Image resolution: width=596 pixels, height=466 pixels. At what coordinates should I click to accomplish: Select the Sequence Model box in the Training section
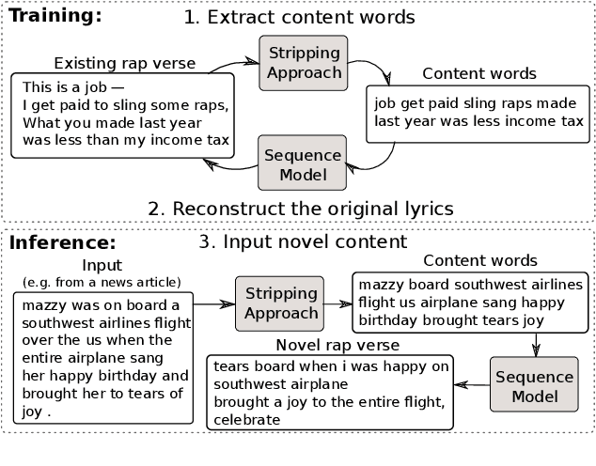[302, 162]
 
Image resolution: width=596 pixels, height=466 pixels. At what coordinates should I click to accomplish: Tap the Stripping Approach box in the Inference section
[278, 303]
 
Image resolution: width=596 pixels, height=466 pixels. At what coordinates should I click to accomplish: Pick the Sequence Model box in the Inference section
[535, 385]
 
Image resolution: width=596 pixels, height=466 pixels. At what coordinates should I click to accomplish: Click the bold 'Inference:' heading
[63, 243]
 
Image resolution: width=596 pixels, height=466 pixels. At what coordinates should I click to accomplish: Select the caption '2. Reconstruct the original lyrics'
[301, 207]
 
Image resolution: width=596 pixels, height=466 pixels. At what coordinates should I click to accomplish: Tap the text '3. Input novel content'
[303, 241]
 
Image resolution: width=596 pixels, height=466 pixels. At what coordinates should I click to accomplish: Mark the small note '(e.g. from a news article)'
[102, 282]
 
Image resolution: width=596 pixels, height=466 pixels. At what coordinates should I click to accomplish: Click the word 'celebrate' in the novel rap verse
[247, 420]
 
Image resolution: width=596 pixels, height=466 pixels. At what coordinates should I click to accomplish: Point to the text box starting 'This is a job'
[124, 115]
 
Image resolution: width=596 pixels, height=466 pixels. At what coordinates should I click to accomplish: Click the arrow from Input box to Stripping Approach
[213, 303]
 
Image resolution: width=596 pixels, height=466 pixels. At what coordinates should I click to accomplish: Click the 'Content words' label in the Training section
[479, 73]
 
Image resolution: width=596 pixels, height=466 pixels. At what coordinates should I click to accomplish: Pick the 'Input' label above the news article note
[102, 266]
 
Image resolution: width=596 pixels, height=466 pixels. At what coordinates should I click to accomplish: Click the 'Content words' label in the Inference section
[480, 260]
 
